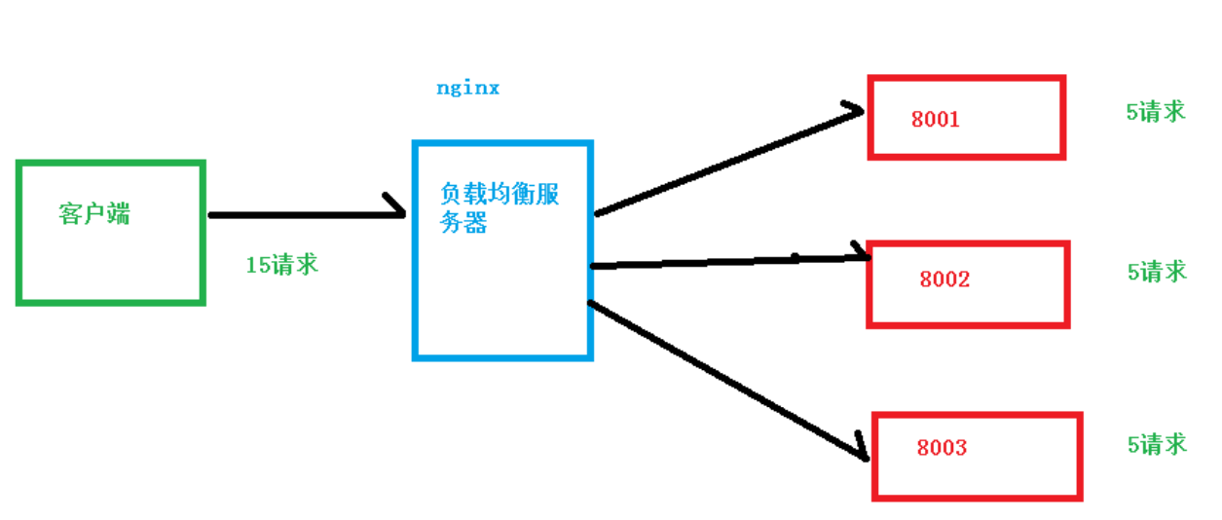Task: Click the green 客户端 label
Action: (x=93, y=214)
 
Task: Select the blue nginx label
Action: (x=467, y=88)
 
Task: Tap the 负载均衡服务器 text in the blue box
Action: (x=499, y=207)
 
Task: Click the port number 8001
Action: (x=936, y=120)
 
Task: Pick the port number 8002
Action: (x=944, y=279)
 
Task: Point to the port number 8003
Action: (x=942, y=448)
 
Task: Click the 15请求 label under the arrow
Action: (x=281, y=264)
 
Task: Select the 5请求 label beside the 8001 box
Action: (x=1156, y=111)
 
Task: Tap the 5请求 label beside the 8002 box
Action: (x=1157, y=272)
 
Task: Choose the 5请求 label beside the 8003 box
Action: (x=1157, y=445)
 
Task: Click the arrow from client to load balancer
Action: (x=302, y=214)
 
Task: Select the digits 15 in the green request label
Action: (x=257, y=265)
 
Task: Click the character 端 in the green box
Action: (x=118, y=214)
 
